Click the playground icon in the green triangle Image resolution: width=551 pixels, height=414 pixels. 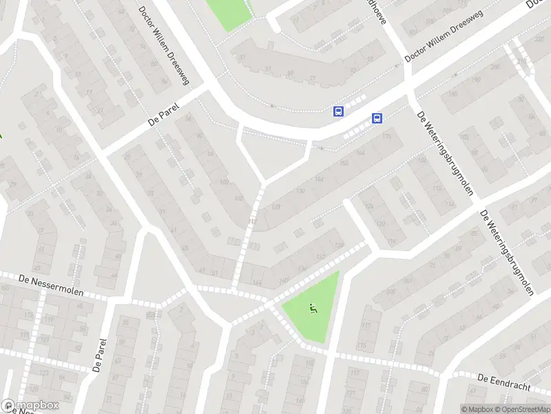coord(313,309)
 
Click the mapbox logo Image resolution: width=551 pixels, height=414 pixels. coord(30,406)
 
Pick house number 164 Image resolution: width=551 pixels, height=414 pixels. coord(362,152)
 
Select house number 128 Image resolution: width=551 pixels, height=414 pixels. coord(277,206)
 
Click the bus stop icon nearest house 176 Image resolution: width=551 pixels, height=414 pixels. coord(377,118)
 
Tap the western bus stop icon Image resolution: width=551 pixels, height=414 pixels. coord(338,111)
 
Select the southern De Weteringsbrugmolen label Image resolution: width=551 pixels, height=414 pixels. coord(507,253)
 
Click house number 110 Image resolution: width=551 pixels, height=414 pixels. coord(435,188)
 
